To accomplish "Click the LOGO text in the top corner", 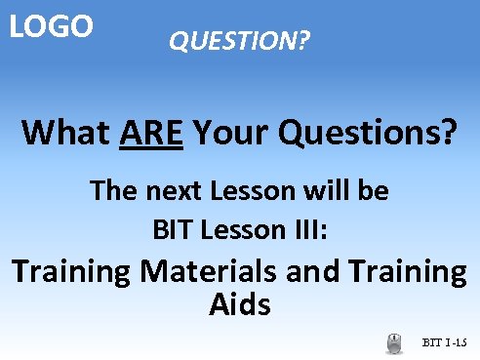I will [x=51, y=26].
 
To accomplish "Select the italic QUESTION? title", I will [x=239, y=42].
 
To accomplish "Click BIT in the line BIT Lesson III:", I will [x=171, y=231].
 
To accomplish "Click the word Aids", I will [x=239, y=305].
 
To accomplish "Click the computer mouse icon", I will [x=395, y=342].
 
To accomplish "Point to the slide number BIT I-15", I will [x=445, y=342].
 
